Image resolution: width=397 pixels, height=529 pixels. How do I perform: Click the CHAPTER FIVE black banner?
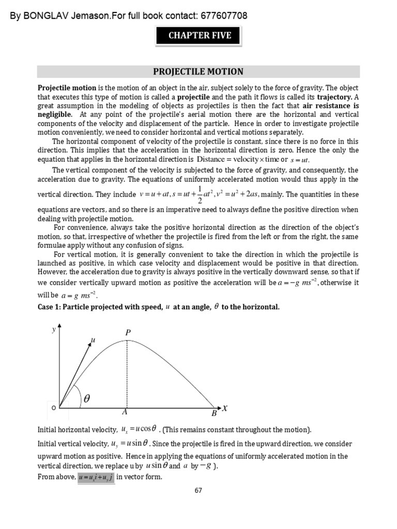198,36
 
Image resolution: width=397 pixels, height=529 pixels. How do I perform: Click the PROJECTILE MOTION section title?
198,72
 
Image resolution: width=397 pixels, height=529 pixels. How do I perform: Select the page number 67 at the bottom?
198,490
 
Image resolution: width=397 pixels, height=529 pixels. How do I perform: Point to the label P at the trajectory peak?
128,333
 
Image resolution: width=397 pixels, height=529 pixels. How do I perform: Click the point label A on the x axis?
125,413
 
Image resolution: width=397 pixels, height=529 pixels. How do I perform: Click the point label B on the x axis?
213,413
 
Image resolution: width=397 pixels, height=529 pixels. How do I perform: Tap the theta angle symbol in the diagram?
86,399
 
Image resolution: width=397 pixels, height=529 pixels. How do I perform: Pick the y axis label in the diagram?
53,329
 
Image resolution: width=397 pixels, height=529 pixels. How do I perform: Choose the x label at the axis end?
225,408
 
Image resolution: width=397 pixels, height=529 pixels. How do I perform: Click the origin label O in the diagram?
53,408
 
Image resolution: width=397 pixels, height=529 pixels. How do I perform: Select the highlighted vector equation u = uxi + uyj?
96,477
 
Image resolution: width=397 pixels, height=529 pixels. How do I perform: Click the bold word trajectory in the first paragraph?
334,97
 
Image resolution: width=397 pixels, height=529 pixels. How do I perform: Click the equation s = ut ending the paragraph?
299,160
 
